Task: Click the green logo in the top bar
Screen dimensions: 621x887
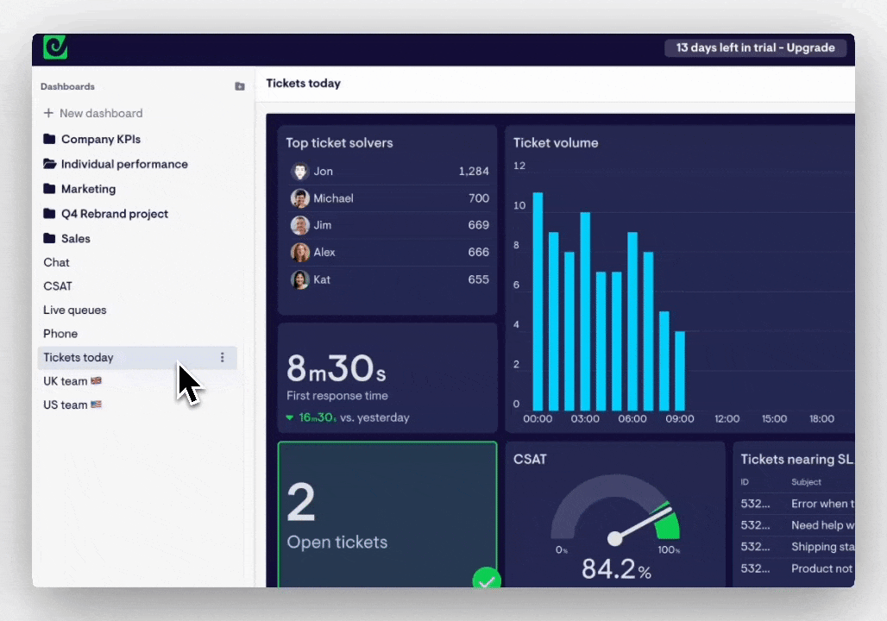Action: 55,48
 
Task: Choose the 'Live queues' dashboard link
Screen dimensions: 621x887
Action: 75,310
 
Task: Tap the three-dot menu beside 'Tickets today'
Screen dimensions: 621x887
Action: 222,357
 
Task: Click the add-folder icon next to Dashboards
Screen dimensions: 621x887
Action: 240,86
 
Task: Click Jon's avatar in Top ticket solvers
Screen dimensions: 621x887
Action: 299,172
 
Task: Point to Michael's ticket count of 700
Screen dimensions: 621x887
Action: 478,198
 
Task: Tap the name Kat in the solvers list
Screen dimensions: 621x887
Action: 322,279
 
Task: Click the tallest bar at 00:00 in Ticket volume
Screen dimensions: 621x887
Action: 538,301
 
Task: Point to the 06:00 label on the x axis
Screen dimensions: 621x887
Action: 632,419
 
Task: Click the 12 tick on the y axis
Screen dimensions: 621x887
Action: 519,166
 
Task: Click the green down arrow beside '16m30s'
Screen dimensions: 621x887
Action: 290,417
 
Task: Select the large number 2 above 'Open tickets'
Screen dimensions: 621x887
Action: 301,504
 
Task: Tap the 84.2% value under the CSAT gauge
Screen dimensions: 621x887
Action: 615,569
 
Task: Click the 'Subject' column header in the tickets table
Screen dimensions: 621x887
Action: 806,482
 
